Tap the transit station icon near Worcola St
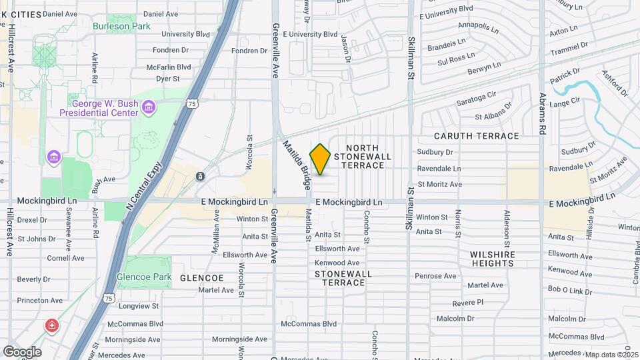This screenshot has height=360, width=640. pyautogui.click(x=200, y=176)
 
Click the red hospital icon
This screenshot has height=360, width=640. pyautogui.click(x=52, y=325)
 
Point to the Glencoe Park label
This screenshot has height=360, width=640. pyautogui.click(x=144, y=277)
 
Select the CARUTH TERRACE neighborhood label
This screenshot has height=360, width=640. pyautogui.click(x=476, y=136)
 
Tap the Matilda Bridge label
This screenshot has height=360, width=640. pyautogui.click(x=297, y=163)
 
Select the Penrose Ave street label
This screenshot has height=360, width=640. pyautogui.click(x=435, y=275)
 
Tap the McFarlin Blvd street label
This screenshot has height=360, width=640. pyautogui.click(x=169, y=67)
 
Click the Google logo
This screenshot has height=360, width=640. pyautogui.click(x=22, y=352)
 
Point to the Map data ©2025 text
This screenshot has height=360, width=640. pyautogui.click(x=611, y=355)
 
